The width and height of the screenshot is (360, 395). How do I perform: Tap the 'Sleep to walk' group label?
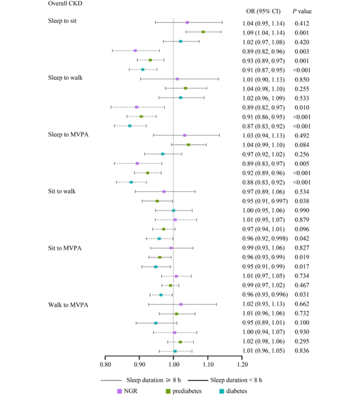click(x=65, y=78)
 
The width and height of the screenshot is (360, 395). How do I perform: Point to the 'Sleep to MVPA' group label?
click(x=68, y=134)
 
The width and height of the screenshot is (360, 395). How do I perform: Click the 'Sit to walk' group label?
click(x=62, y=191)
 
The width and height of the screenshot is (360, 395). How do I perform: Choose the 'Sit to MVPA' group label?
click(x=64, y=248)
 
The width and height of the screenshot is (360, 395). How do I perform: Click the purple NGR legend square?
click(x=120, y=390)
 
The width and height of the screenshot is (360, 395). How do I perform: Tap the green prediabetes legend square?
click(x=167, y=390)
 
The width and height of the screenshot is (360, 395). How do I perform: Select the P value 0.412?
click(x=302, y=23)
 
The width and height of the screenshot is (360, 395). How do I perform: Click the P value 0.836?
click(x=302, y=351)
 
